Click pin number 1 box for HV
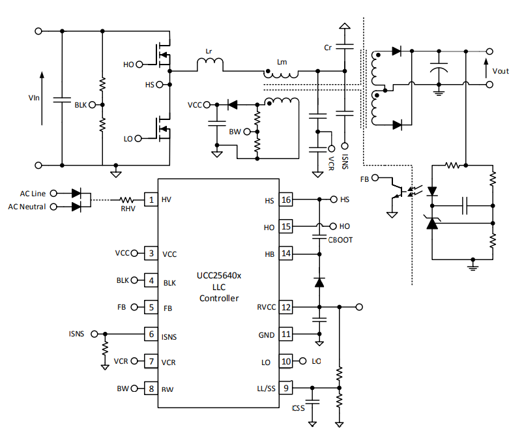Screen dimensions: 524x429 tap(151, 200)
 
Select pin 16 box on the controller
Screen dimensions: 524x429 tap(285, 200)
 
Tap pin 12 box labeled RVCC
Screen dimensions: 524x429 tap(285, 307)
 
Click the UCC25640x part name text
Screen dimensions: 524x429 tap(219, 276)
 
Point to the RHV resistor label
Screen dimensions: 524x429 tap(128, 209)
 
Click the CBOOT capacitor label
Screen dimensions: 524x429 tap(340, 240)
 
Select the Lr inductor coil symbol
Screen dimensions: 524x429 tap(210, 64)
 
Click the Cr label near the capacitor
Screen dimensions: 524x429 tap(328, 48)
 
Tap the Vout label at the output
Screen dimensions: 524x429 tap(501, 71)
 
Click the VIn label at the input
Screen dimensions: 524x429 tap(34, 98)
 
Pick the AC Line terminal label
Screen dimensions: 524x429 tap(33, 194)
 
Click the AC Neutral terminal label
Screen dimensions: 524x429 tap(27, 207)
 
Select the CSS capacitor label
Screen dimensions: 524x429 tap(298, 408)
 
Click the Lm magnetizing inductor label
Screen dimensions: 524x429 tap(282, 62)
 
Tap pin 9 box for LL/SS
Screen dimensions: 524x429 tap(285, 388)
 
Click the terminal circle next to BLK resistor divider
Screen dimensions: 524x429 tap(93, 105)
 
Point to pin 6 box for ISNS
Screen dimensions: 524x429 tap(151, 334)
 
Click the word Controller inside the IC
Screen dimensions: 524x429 tap(219, 298)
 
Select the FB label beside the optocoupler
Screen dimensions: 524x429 tap(364, 179)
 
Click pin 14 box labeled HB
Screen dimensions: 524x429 tap(285, 254)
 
